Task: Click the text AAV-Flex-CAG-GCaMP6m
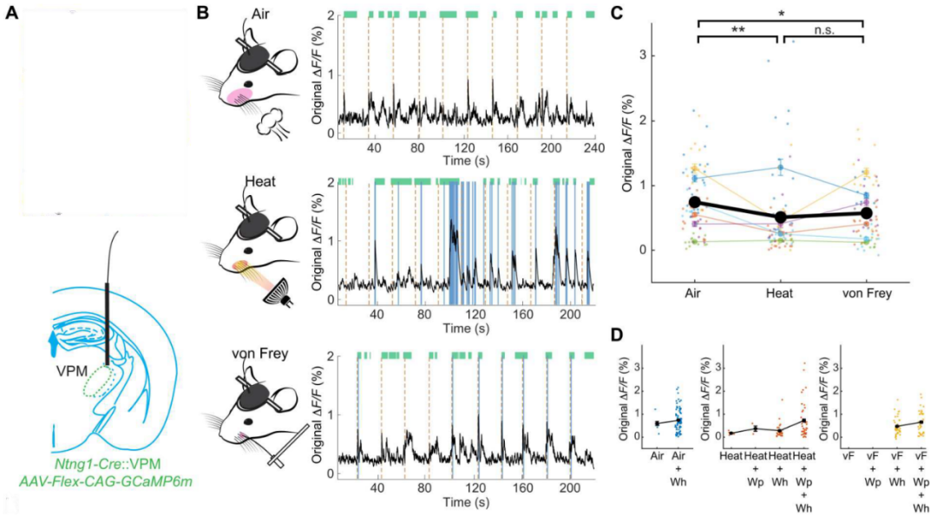tap(105, 480)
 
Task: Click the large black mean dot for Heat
tap(781, 218)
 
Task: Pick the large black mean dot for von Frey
tap(863, 212)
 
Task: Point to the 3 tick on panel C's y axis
tap(644, 55)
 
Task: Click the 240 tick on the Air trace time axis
tap(593, 148)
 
